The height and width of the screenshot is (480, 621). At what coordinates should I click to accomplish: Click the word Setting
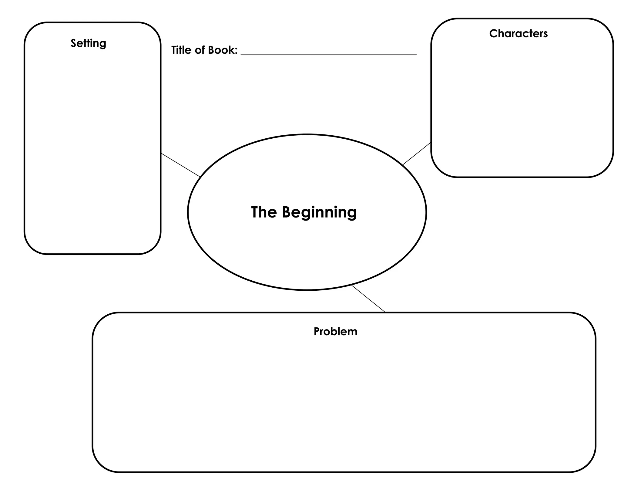tap(88, 43)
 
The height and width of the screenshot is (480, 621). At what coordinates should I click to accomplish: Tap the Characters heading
tap(518, 33)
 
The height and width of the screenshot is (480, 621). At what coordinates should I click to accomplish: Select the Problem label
tap(335, 331)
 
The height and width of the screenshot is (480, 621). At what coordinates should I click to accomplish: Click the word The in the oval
tap(264, 212)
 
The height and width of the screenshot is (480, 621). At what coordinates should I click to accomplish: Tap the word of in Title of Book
tap(200, 50)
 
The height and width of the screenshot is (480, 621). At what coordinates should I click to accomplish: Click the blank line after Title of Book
tap(328, 54)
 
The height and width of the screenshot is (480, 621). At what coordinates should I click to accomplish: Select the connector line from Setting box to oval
tap(180, 165)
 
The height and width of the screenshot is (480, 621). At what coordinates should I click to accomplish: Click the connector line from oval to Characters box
tap(417, 154)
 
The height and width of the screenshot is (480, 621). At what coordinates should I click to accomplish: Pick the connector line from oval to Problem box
tap(368, 299)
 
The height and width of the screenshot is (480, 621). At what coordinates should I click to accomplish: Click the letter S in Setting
tap(73, 43)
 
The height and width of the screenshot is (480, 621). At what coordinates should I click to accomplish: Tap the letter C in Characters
tap(493, 33)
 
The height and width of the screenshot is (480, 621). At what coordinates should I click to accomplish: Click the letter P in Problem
tap(316, 331)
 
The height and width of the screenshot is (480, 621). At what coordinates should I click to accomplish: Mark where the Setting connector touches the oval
tap(200, 177)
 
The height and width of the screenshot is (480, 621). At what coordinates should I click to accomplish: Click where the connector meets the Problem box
tap(385, 312)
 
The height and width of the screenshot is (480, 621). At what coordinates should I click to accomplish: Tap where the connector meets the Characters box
tap(431, 143)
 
